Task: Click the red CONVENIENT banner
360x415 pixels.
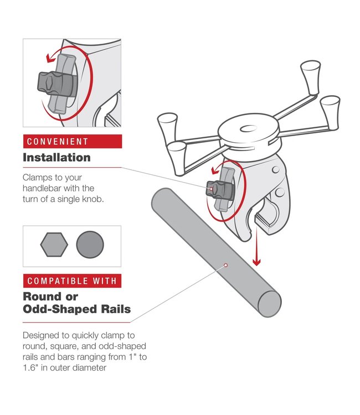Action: (72, 142)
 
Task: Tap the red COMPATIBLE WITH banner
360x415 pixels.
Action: (72, 281)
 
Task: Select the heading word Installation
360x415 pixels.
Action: (56, 158)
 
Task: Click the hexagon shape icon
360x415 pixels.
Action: (54, 243)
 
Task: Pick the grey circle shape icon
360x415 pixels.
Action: (90, 243)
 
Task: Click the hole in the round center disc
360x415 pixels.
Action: (248, 130)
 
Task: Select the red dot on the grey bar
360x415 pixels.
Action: (226, 265)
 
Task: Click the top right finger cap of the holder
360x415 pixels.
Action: (310, 71)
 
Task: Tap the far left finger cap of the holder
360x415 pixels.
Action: (167, 120)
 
